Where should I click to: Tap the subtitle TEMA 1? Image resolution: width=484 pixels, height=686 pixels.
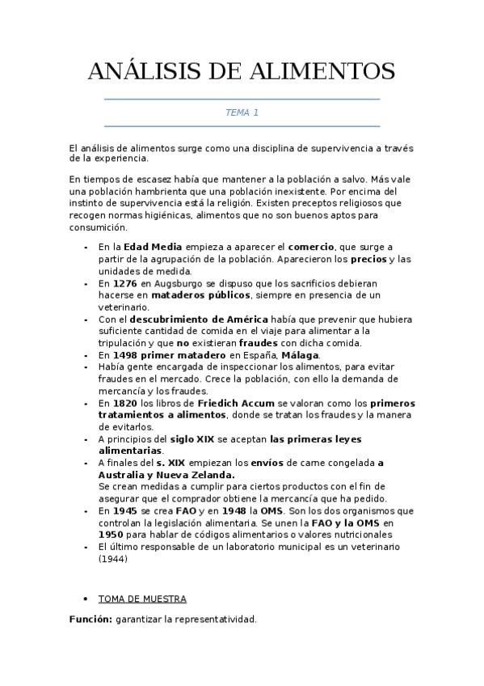point(242,112)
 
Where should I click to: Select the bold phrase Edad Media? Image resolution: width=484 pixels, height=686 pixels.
point(153,247)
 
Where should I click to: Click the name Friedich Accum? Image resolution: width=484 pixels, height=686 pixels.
point(230,402)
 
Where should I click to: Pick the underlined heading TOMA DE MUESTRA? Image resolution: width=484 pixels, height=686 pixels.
point(142,599)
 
